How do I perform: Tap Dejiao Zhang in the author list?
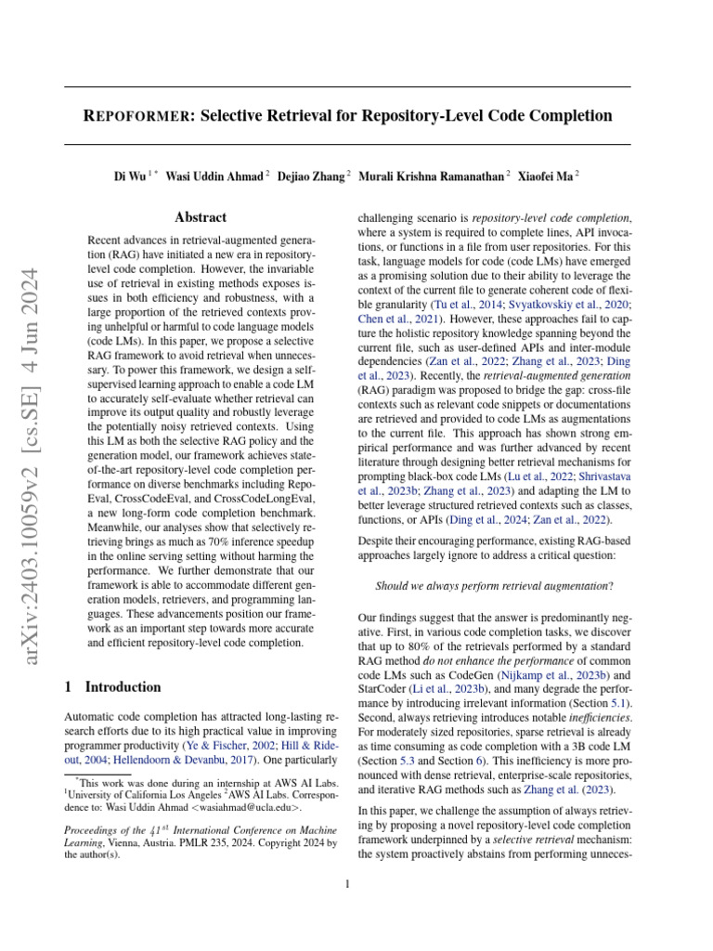310,175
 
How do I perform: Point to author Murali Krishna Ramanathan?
432,175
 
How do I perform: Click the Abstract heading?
201,217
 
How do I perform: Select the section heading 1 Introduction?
112,687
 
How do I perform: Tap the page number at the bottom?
347,884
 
